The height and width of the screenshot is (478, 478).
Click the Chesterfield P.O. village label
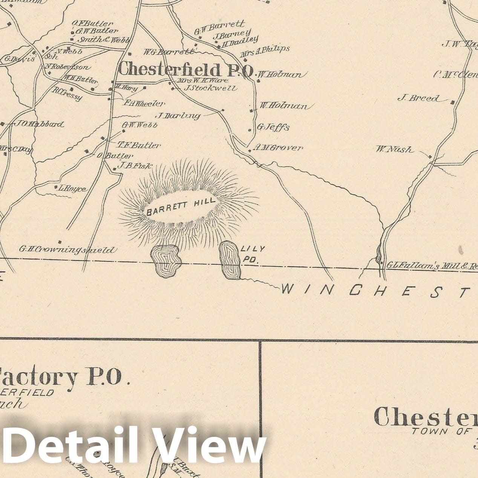point(185,70)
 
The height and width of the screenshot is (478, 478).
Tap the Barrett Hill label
point(181,207)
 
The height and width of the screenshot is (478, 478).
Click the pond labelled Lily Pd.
point(230,260)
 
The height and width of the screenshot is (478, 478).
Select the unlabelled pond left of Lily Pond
point(165,261)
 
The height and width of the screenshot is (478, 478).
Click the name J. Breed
point(418,98)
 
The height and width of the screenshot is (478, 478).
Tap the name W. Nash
point(394,149)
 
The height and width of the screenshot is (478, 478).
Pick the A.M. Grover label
point(278,147)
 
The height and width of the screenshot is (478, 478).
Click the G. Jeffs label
point(273,127)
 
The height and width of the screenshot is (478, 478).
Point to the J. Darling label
point(178,115)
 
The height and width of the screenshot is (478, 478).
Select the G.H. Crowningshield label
point(68,250)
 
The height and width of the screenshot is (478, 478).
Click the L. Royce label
point(72,188)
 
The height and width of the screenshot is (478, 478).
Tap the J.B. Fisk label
point(135,165)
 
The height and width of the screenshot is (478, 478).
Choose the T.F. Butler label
point(139,145)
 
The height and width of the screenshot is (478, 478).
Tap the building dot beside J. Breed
point(452,102)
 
